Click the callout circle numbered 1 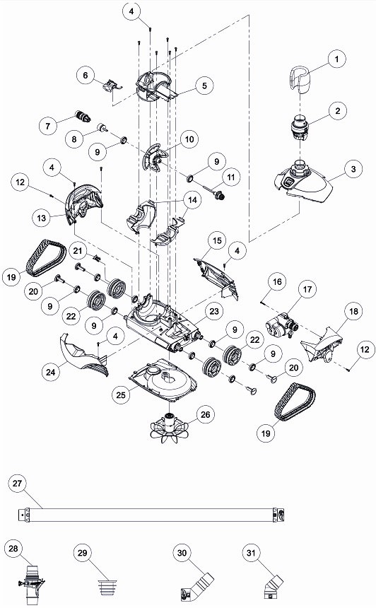pos(336,59)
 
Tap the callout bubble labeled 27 pos(18,483)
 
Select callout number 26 pos(205,414)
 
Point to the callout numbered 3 pos(353,169)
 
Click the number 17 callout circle pos(307,289)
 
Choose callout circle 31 pos(251,553)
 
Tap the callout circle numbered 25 pos(122,394)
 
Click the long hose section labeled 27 pos(151,515)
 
